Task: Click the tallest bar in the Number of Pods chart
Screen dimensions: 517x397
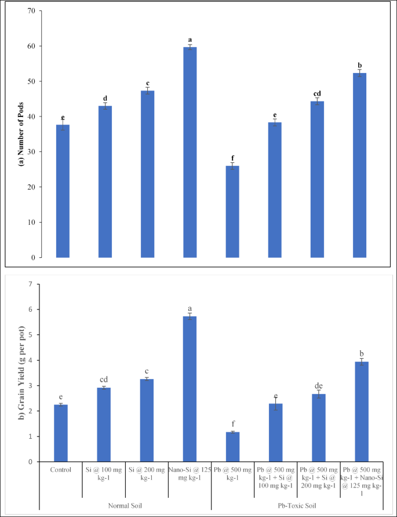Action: click(x=190, y=152)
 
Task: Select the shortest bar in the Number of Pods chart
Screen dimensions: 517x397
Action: click(x=232, y=211)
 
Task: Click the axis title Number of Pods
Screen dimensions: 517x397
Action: click(x=22, y=134)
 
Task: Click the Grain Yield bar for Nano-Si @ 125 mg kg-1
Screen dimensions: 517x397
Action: click(x=190, y=389)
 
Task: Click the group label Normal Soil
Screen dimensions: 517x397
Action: click(x=125, y=505)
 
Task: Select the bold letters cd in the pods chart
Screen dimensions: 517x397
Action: click(x=317, y=93)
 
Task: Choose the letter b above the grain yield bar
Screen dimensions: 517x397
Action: click(x=362, y=353)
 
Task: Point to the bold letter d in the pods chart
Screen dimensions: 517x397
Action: click(x=105, y=99)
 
